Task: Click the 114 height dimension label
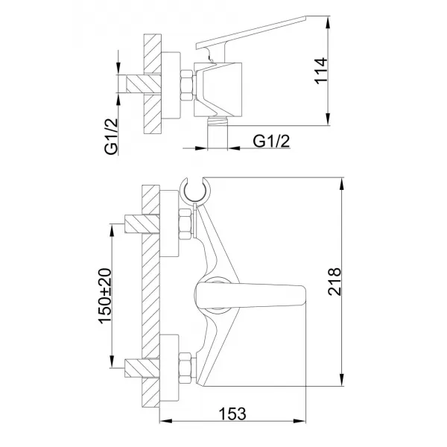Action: click(x=321, y=71)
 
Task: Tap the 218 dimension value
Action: click(x=335, y=282)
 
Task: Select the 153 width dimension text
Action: click(x=232, y=413)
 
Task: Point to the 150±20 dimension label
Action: click(x=104, y=296)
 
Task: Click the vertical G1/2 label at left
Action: click(x=111, y=136)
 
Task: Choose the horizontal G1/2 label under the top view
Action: click(x=271, y=141)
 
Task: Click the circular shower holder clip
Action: click(x=195, y=191)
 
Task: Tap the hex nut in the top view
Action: click(x=187, y=85)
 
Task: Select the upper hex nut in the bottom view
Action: click(x=185, y=224)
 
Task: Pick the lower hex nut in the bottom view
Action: click(x=185, y=368)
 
